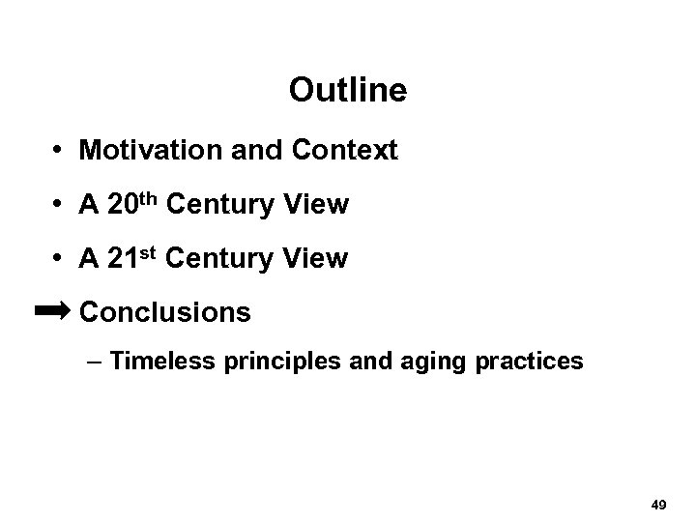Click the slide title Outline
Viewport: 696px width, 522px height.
point(348,92)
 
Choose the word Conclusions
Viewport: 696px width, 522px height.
point(165,312)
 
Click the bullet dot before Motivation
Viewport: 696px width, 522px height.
point(59,152)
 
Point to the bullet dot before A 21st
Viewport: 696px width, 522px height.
point(59,259)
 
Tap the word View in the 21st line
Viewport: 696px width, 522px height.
point(318,259)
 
